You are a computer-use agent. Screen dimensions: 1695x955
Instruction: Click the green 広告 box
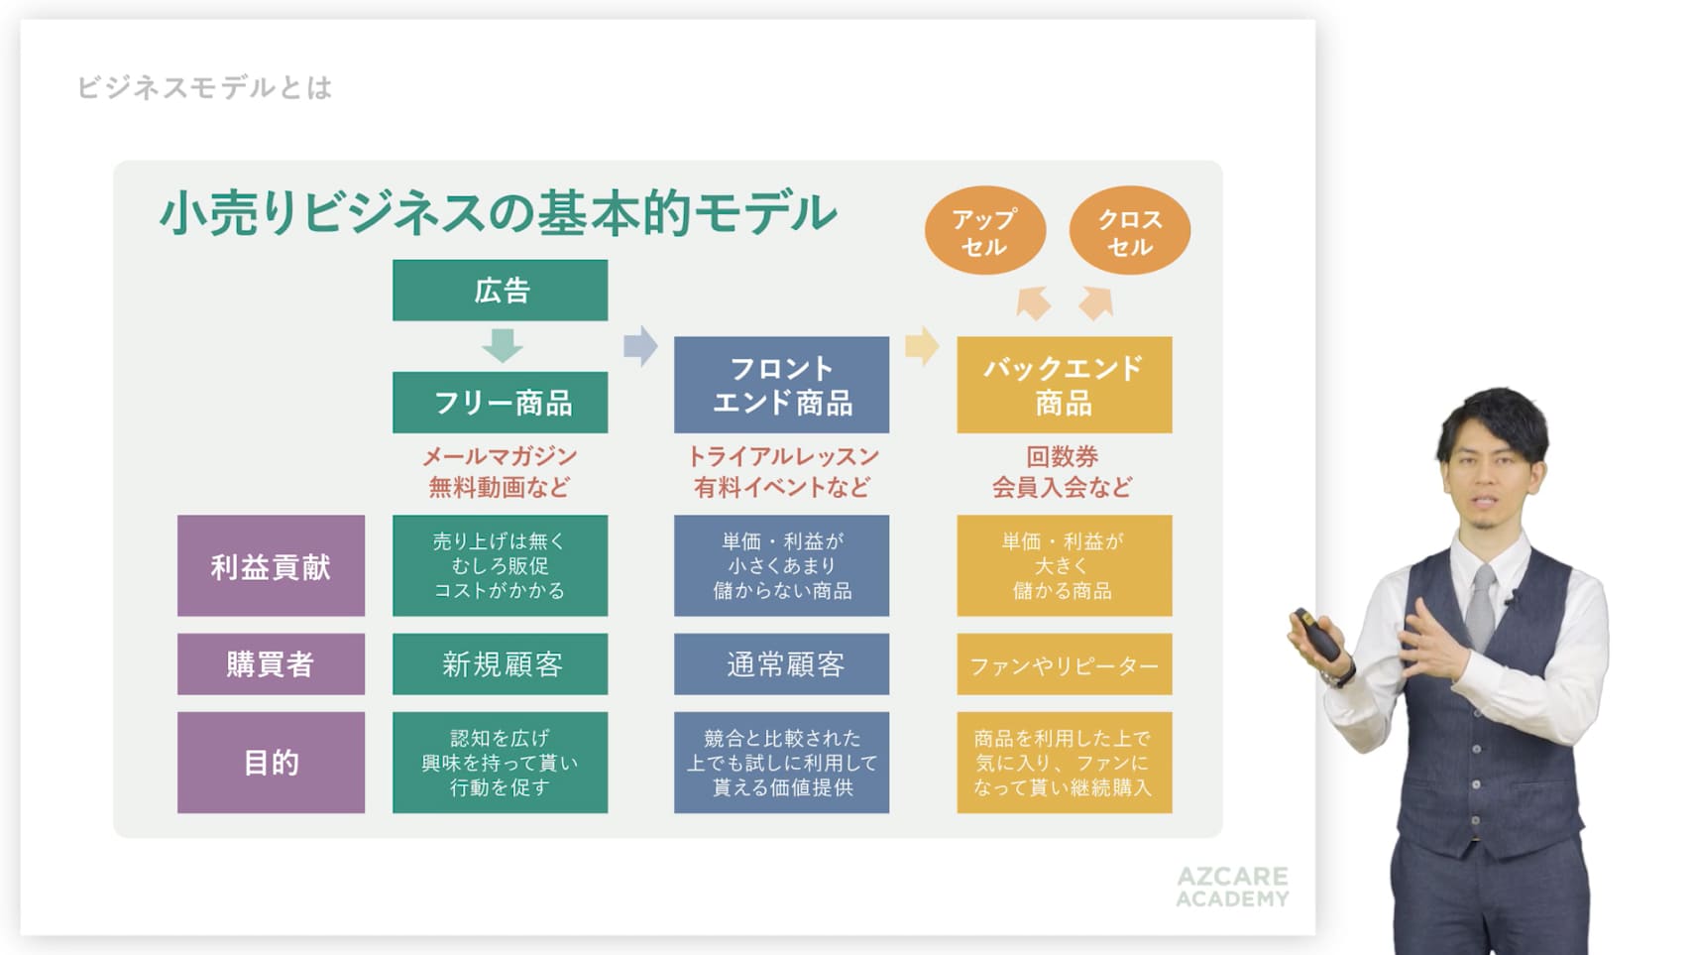pyautogui.click(x=500, y=290)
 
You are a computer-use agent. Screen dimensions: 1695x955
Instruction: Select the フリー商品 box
pyautogui.click(x=500, y=403)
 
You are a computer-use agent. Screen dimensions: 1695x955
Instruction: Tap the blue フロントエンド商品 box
pyautogui.click(x=781, y=385)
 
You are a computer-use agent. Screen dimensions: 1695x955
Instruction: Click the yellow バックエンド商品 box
pyautogui.click(x=1064, y=385)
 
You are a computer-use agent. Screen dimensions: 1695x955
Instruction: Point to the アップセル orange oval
pyautogui.click(x=984, y=230)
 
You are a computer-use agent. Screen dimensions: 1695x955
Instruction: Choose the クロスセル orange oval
pyautogui.click(x=1130, y=230)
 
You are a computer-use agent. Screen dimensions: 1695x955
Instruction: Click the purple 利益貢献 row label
pyautogui.click(x=271, y=565)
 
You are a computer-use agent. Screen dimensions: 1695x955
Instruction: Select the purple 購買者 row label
pyautogui.click(x=271, y=664)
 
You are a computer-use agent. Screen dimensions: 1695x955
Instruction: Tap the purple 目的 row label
pyautogui.click(x=271, y=763)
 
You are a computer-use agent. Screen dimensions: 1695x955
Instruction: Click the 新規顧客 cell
pyautogui.click(x=500, y=664)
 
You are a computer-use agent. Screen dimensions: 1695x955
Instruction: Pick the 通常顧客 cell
pyautogui.click(x=781, y=664)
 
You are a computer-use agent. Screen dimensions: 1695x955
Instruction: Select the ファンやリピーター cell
pyautogui.click(x=1064, y=664)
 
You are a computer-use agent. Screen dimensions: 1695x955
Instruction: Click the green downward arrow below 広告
pyautogui.click(x=502, y=345)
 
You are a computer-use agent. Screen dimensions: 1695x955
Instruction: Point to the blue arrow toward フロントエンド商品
pyautogui.click(x=640, y=346)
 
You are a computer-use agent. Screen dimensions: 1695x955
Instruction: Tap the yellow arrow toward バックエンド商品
pyautogui.click(x=922, y=346)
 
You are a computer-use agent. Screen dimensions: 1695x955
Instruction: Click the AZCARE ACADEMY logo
pyautogui.click(x=1233, y=887)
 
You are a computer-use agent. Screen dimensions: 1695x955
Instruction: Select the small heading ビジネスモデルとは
pyautogui.click(x=204, y=88)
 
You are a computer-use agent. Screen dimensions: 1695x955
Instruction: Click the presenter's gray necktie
pyautogui.click(x=1482, y=607)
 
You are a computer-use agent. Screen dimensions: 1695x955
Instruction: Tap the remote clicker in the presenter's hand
pyautogui.click(x=1316, y=633)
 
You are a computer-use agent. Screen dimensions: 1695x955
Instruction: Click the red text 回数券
pyautogui.click(x=1063, y=456)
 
